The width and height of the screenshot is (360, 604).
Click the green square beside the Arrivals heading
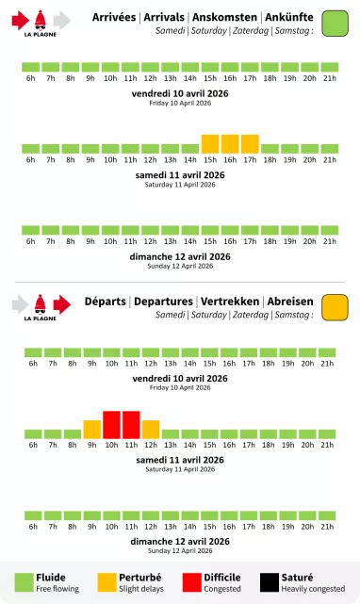(335, 24)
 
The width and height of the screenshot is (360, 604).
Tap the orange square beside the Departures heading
(335, 307)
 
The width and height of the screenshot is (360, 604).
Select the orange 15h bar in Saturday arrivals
(210, 143)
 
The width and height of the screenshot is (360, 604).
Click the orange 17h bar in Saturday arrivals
(250, 143)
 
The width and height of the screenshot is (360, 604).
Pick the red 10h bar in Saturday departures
(111, 425)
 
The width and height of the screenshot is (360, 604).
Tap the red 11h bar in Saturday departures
(131, 425)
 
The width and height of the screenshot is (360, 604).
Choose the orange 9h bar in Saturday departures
(91, 429)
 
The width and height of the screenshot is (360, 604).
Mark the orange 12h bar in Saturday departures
(151, 429)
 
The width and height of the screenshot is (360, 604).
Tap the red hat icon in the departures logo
(41, 303)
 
